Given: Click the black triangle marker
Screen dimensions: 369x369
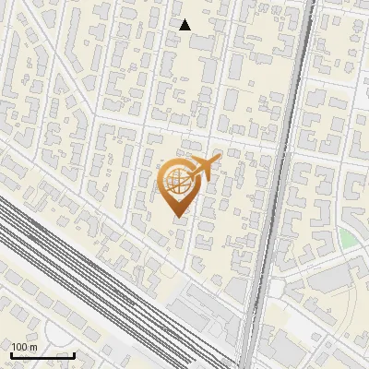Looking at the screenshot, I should point(185,25).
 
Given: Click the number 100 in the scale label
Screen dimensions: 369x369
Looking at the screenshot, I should point(20,347).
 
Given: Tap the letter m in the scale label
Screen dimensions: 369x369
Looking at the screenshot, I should point(34,347).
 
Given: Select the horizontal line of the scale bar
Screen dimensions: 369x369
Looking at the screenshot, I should point(42,355).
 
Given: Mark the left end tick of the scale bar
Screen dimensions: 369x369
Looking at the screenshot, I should point(11,353).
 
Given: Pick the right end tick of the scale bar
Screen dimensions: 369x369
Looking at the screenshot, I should point(74,353).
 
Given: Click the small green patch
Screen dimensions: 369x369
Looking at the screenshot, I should point(347,239).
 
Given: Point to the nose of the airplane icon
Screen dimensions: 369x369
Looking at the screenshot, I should point(220,161).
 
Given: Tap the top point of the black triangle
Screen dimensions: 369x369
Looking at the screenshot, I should point(185,19).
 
